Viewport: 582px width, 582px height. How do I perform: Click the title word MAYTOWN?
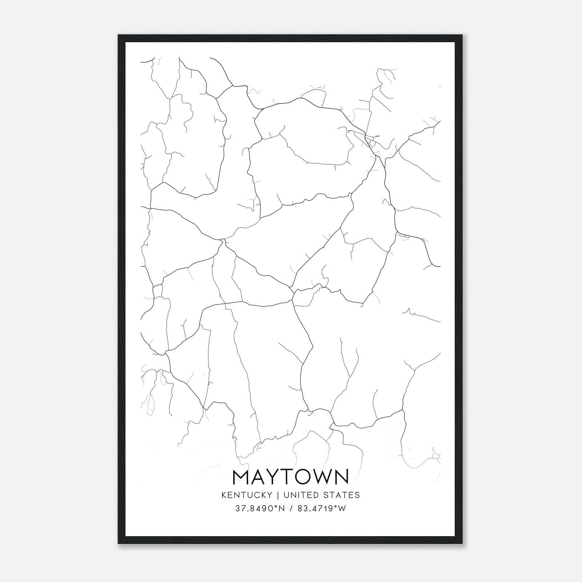pyautogui.click(x=291, y=477)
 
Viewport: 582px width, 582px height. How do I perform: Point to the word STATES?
pyautogui.click(x=342, y=495)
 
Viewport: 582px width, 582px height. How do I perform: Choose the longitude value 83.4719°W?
pyautogui.click(x=322, y=509)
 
